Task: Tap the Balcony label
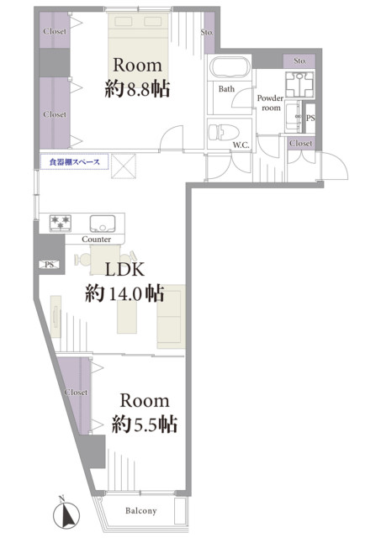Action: click(140, 510)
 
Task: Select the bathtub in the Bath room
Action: click(230, 67)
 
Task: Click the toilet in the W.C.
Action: click(224, 132)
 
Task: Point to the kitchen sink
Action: click(103, 223)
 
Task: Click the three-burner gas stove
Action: click(61, 222)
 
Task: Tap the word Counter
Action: click(97, 239)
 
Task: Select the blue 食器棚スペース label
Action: click(75, 162)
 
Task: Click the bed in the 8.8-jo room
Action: click(138, 45)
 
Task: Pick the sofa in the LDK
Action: click(171, 316)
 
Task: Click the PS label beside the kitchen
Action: click(50, 265)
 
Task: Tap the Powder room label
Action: click(271, 103)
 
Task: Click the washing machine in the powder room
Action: click(299, 84)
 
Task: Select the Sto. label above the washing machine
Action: click(300, 61)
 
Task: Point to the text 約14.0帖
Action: click(124, 293)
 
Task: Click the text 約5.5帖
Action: click(145, 424)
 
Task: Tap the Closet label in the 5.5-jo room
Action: click(76, 392)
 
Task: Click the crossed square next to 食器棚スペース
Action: click(124, 166)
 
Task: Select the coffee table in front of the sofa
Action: click(127, 317)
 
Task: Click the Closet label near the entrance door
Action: click(301, 143)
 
